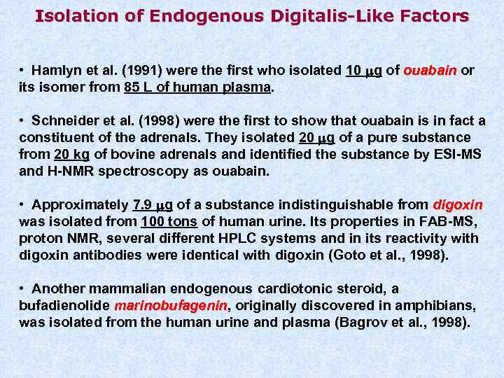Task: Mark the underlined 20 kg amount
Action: click(68, 154)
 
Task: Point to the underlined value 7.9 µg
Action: click(152, 205)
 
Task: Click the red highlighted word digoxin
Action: click(458, 205)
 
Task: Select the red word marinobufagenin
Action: click(171, 306)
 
